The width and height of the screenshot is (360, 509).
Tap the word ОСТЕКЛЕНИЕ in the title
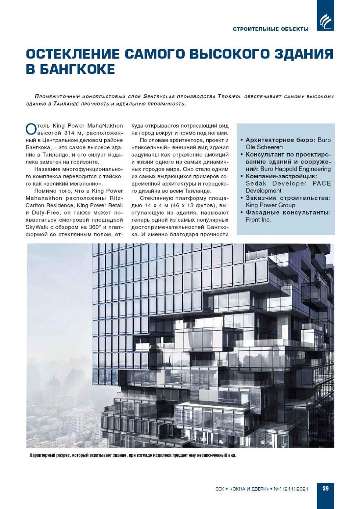[73, 54]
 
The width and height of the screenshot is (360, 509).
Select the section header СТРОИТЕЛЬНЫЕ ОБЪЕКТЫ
[271, 29]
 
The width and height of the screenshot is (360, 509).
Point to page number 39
[325, 488]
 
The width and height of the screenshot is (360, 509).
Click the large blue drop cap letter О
[31, 129]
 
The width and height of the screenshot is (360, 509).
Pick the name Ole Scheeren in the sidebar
[264, 147]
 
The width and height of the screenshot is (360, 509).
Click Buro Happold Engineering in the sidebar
[295, 169]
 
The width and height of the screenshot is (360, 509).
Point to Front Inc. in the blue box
[258, 220]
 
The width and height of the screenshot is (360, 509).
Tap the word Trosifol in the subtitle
[230, 97]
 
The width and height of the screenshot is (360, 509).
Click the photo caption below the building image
[133, 455]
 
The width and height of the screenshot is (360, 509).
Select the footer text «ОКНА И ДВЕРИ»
[249, 489]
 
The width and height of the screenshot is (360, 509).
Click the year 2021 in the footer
[302, 489]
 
